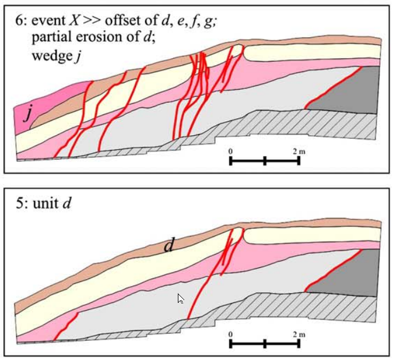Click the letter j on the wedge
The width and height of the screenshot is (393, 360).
coord(29,115)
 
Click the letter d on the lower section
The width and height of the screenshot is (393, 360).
coord(169,246)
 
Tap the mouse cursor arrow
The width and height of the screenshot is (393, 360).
coord(181,299)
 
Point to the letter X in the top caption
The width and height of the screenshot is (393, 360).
coord(74,20)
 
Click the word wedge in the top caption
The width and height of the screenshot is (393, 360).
coord(52,56)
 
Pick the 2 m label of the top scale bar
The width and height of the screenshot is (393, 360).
coord(299,151)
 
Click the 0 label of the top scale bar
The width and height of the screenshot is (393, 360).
coord(230,151)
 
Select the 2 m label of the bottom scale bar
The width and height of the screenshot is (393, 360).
coord(299,334)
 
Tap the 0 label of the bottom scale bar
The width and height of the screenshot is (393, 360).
coord(230,334)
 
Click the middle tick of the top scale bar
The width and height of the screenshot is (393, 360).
coord(265,161)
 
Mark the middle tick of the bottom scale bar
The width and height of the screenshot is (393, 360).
coord(265,344)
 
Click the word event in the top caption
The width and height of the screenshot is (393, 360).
coord(48,20)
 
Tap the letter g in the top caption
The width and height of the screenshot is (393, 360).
coord(209,22)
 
